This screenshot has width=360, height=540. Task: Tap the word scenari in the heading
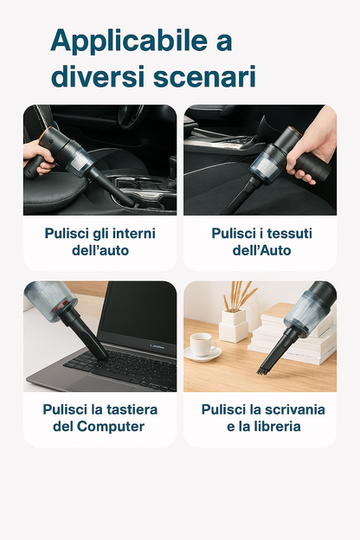point(204,76)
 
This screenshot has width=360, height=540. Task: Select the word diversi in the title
point(98,76)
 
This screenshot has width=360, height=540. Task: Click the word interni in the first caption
point(134,233)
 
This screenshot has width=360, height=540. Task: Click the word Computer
point(111,427)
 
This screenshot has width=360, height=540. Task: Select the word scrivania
point(294,409)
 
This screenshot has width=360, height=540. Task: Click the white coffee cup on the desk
point(202,344)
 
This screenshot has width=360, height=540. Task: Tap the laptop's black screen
point(139,313)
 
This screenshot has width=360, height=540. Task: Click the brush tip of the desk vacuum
point(264,370)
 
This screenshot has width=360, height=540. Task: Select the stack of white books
point(293,333)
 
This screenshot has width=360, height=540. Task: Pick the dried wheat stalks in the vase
point(239,295)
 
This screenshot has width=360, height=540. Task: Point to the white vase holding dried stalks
point(234,325)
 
